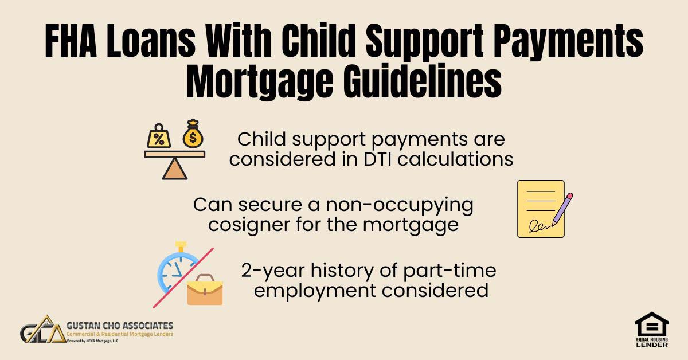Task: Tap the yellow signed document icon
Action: (x=541, y=209)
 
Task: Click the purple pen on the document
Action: (x=560, y=210)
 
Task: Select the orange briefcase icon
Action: (x=205, y=290)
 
